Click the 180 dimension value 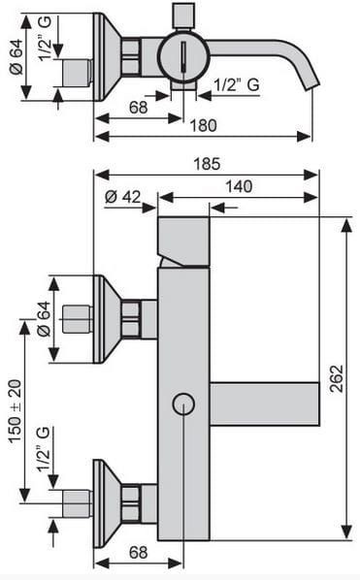point(203,125)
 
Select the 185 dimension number point(208,164)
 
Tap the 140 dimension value point(239,186)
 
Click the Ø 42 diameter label point(123,197)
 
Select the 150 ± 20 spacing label point(16,411)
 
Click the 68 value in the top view point(138,108)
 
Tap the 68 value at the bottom point(138,552)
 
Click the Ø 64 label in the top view point(16,57)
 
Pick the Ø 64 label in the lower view point(44,318)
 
